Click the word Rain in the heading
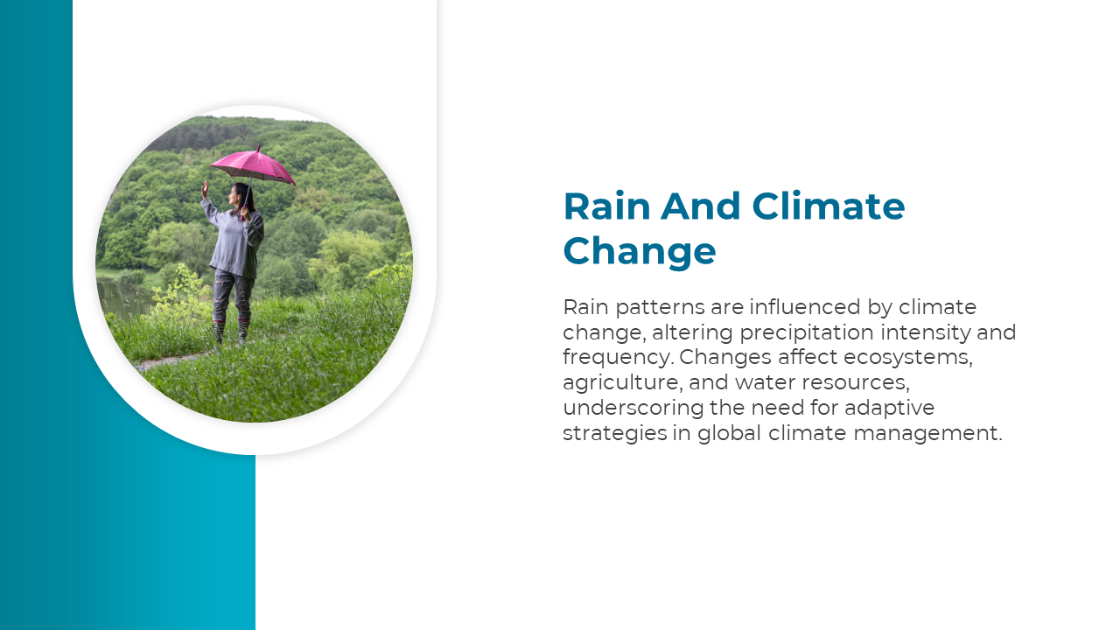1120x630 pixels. (x=606, y=206)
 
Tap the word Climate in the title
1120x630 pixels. (x=828, y=206)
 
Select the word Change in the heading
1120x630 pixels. (x=640, y=250)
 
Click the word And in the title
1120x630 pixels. (x=700, y=206)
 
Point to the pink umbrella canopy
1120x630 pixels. (x=253, y=166)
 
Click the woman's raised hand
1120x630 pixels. (x=205, y=189)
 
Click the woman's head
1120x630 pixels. (x=238, y=194)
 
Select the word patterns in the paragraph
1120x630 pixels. (x=660, y=307)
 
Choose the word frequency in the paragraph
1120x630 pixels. (x=618, y=358)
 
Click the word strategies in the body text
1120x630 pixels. (x=615, y=433)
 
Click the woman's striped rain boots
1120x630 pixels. (x=231, y=332)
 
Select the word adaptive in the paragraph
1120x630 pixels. (x=890, y=408)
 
